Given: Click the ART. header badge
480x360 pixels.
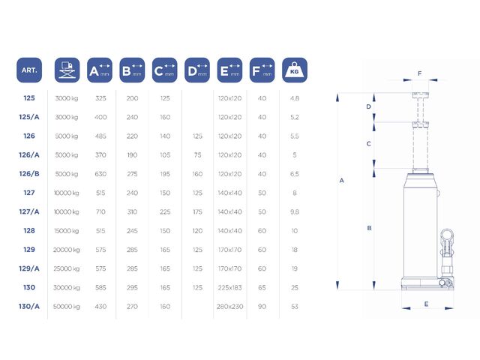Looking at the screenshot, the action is (29, 70).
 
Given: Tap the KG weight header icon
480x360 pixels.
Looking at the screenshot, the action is (295, 70).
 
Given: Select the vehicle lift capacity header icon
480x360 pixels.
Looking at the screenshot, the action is (67, 70).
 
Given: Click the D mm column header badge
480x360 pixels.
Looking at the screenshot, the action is (197, 70).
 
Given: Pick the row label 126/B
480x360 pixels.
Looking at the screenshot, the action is (29, 174).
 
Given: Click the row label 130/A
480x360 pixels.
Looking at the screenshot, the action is (29, 307).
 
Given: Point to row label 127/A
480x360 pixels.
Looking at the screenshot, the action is (29, 211).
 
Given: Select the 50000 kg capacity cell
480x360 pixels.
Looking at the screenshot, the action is (67, 307).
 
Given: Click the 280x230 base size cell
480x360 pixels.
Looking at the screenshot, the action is (230, 307).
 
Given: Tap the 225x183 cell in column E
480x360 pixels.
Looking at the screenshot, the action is (230, 288).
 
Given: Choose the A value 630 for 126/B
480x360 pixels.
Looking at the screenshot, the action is (100, 174).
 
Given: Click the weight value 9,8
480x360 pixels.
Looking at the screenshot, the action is (295, 211).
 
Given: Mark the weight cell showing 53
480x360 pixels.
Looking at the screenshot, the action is (295, 307).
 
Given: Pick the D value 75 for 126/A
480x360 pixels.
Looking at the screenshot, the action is (197, 155).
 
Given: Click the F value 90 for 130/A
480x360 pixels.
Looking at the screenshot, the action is (262, 307).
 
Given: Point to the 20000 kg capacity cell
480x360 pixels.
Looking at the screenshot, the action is (67, 250).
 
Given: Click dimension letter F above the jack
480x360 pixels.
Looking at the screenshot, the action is (420, 73).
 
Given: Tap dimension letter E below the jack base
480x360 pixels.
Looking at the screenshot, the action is (426, 304).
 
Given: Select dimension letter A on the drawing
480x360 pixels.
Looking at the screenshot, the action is (342, 181).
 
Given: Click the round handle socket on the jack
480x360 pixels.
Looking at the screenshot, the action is (447, 235).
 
